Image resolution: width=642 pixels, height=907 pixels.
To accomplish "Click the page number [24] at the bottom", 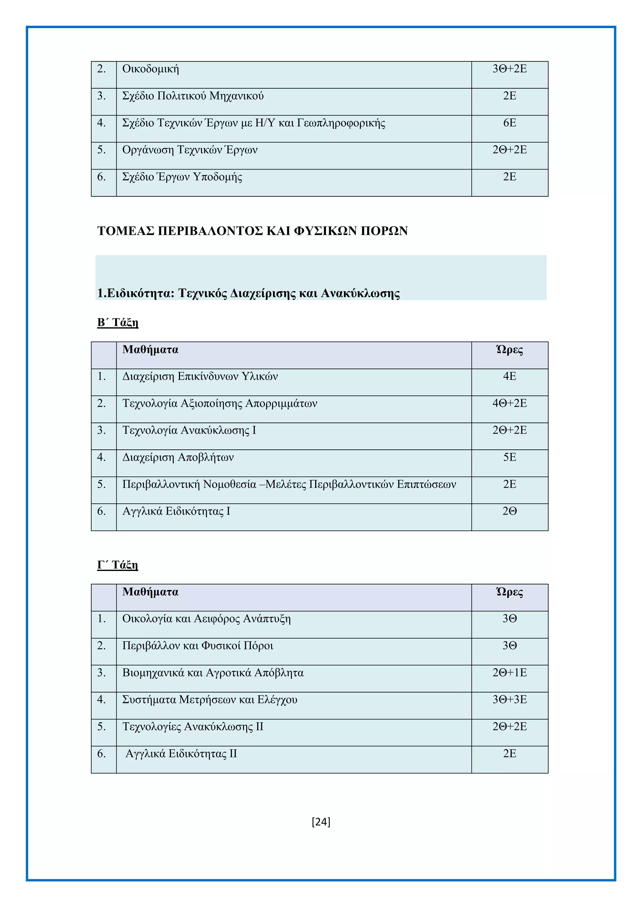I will click(x=321, y=822).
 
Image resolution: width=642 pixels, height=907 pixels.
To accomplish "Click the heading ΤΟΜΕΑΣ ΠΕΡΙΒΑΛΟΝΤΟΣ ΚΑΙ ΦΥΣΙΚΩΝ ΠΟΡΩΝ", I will click(x=252, y=231).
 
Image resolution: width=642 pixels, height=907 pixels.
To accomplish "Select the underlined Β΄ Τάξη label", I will click(x=118, y=323).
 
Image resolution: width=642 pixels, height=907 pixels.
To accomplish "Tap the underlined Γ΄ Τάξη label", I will click(x=118, y=565).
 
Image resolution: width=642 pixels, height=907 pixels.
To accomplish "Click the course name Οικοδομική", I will click(x=150, y=69).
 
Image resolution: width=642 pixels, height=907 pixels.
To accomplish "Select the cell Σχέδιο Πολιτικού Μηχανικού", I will click(x=192, y=96).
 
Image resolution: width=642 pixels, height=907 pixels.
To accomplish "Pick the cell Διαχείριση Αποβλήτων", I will click(x=178, y=458).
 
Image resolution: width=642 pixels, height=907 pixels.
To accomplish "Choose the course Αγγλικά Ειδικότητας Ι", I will click(x=176, y=511).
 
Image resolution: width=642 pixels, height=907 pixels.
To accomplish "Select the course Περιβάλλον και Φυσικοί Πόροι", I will click(x=198, y=646).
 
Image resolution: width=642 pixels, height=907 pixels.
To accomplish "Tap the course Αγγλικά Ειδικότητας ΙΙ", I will click(x=181, y=754).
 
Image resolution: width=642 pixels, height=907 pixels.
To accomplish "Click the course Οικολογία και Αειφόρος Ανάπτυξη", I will click(x=206, y=619).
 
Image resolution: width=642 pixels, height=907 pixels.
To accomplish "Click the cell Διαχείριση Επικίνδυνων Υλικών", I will click(x=200, y=376).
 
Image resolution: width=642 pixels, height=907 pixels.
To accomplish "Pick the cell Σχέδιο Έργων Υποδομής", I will click(x=182, y=177).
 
